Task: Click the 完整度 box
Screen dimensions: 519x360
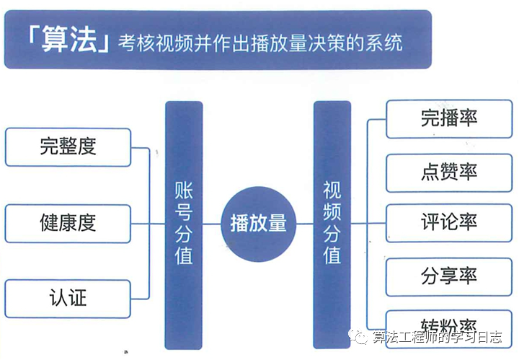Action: coord(68,146)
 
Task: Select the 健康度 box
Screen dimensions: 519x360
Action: coord(68,223)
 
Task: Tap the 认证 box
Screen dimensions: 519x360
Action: coord(68,299)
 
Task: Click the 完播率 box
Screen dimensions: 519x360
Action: coord(449,118)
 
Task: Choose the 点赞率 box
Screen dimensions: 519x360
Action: coord(449,172)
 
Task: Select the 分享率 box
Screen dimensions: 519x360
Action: coord(449,275)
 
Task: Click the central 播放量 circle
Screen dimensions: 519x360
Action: coord(258,223)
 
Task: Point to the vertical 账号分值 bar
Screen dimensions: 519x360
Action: coord(184,223)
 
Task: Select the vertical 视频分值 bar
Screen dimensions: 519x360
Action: coord(332,223)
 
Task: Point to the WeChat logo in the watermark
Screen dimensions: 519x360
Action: coord(358,337)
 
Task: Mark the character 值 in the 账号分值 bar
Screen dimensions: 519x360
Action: coord(184,255)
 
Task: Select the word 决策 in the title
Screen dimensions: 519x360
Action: coord(331,42)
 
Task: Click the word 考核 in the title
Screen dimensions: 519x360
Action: coord(132,42)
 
